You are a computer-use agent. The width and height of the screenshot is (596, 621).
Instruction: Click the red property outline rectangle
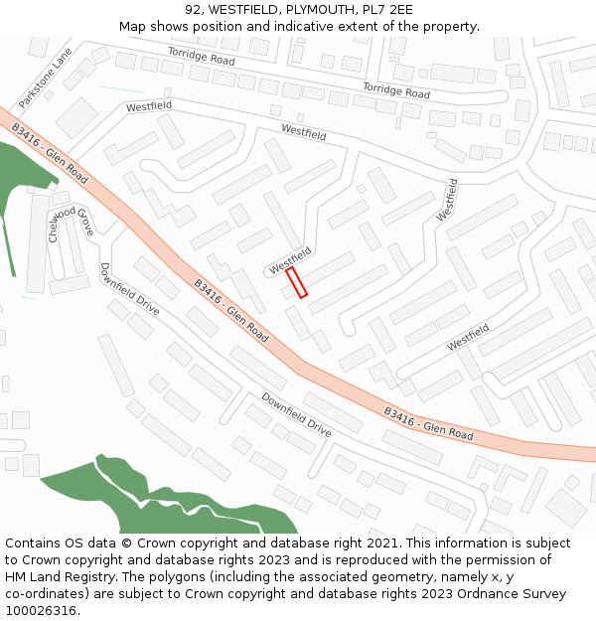coord(297,282)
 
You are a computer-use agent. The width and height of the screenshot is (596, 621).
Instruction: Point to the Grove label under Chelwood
coord(85,222)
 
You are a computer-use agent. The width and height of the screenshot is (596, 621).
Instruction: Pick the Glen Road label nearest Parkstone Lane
coord(50,154)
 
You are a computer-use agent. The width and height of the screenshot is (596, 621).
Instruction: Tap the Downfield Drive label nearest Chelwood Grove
coord(129,289)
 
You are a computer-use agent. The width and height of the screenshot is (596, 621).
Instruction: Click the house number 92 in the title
coord(194,10)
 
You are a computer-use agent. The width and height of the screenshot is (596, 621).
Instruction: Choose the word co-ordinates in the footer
coord(48,594)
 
